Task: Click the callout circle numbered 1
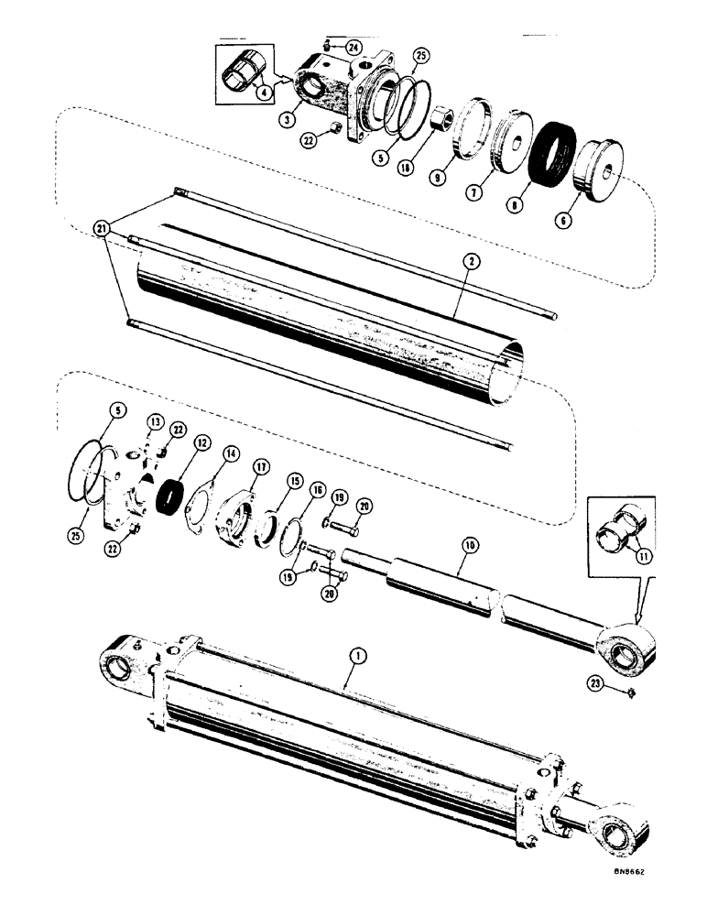pyautogui.click(x=358, y=655)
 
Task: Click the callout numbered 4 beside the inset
pyautogui.click(x=264, y=91)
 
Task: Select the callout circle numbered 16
pyautogui.click(x=318, y=491)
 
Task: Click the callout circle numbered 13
pyautogui.click(x=154, y=421)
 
